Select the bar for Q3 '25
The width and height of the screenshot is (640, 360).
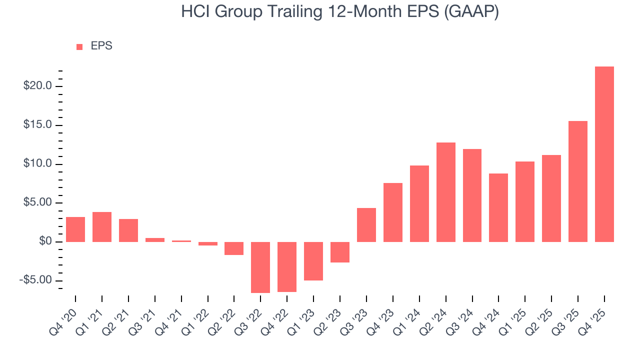[x=577, y=181]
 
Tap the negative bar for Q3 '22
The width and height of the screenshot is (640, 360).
[x=260, y=267]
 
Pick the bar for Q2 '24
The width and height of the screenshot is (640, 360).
[x=445, y=192]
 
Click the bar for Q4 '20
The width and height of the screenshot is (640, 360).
[x=75, y=229]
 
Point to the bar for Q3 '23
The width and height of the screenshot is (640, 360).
[x=366, y=225]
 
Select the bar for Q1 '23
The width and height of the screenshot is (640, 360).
[x=313, y=261]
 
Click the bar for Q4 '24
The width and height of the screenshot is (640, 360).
[x=498, y=207]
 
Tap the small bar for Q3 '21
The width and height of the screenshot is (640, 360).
[x=155, y=240]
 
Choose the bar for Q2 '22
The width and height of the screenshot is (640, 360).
[x=234, y=248]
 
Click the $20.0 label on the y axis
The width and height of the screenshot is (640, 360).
[x=37, y=86]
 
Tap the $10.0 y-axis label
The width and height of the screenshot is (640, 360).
[x=37, y=164]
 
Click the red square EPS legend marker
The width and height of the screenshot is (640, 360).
[x=79, y=46]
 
